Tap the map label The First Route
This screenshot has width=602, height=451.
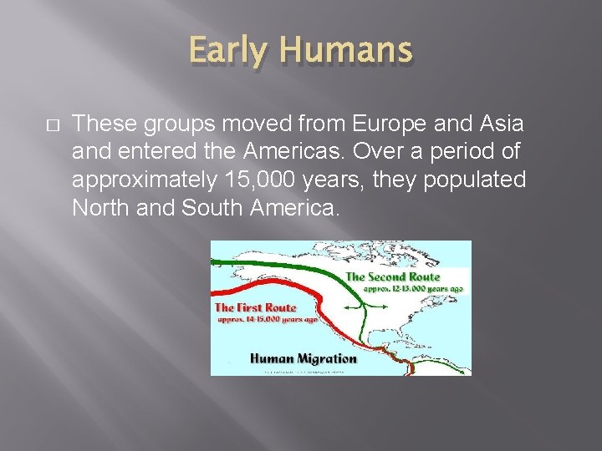pyautogui.click(x=256, y=307)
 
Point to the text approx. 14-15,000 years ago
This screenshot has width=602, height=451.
pyautogui.click(x=267, y=319)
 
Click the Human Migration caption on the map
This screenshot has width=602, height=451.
pyautogui.click(x=304, y=358)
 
